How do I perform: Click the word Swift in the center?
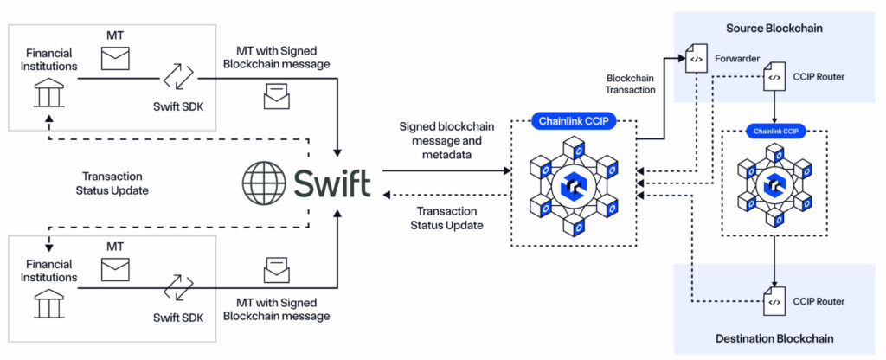(x=332, y=183)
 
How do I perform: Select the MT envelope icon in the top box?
(x=114, y=59)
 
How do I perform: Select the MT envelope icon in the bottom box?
(x=114, y=270)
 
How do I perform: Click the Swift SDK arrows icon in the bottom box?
(x=178, y=288)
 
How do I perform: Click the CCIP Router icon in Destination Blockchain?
(x=774, y=301)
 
